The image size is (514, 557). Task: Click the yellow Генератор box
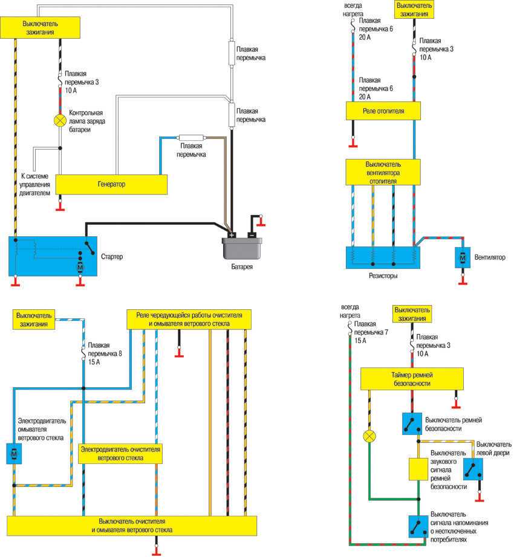(111, 184)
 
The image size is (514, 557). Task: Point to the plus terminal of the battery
(232, 234)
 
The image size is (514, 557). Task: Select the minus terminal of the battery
(252, 234)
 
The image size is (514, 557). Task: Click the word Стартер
(112, 257)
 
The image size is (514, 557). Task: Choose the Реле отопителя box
(383, 111)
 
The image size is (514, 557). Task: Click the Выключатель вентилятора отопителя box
(383, 172)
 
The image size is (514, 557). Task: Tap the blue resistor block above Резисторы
(383, 257)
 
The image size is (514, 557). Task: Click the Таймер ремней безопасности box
(412, 379)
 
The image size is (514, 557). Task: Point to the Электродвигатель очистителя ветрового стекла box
(120, 454)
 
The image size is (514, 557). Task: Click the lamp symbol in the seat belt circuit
(368, 436)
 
